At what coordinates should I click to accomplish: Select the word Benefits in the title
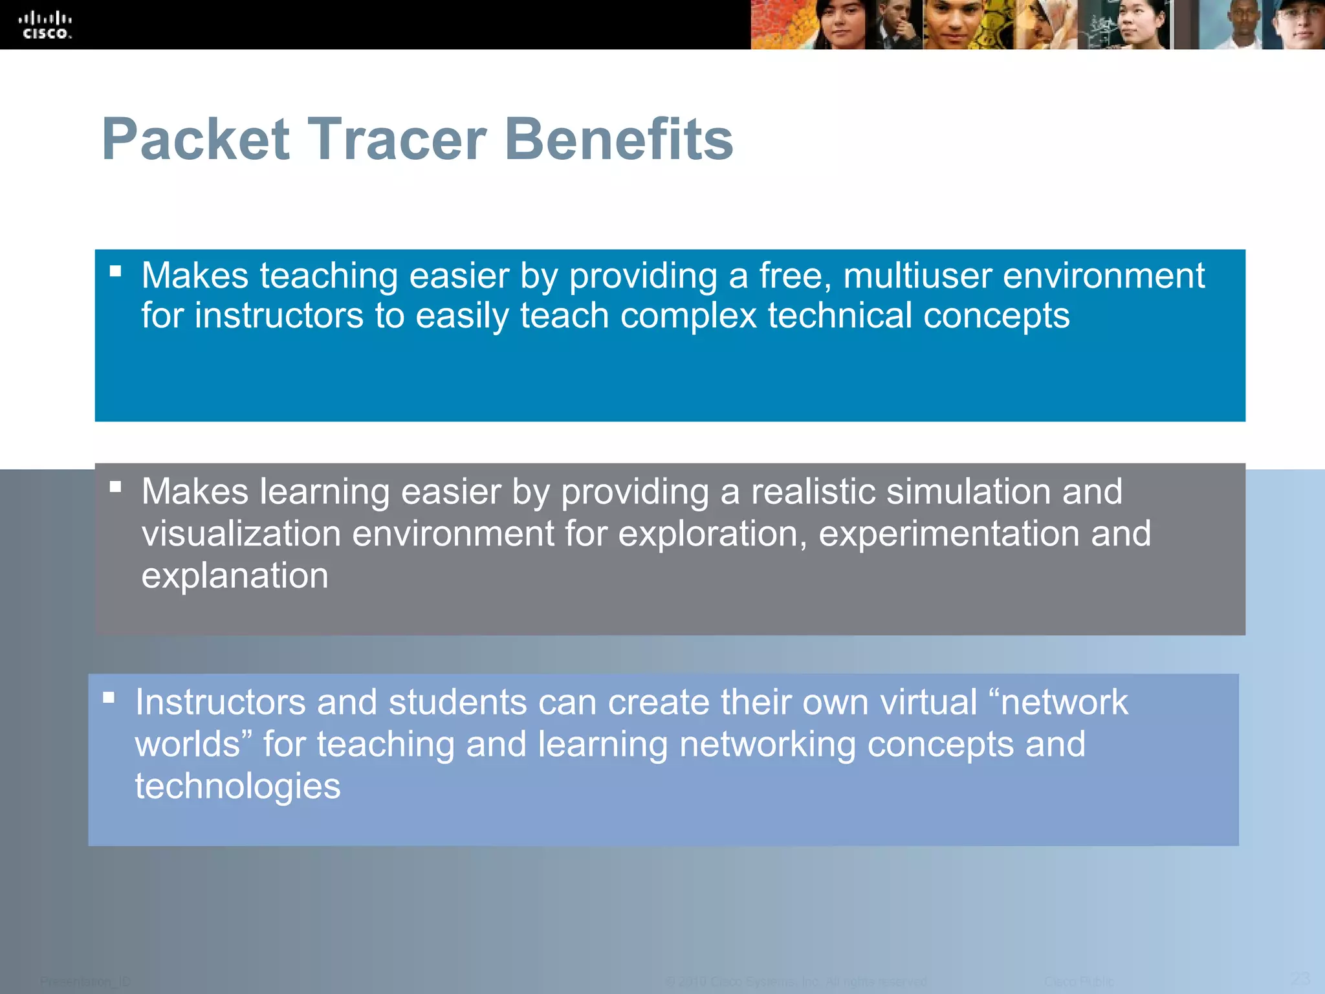pyautogui.click(x=618, y=139)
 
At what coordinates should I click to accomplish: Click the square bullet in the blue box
pyautogui.click(x=116, y=271)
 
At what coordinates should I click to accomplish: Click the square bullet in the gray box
pyautogui.click(x=116, y=486)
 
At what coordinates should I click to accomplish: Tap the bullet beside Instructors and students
pyautogui.click(x=109, y=697)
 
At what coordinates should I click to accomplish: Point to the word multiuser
pyautogui.click(x=917, y=276)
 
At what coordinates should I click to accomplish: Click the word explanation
pyautogui.click(x=235, y=576)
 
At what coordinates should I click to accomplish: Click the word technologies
pyautogui.click(x=237, y=786)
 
